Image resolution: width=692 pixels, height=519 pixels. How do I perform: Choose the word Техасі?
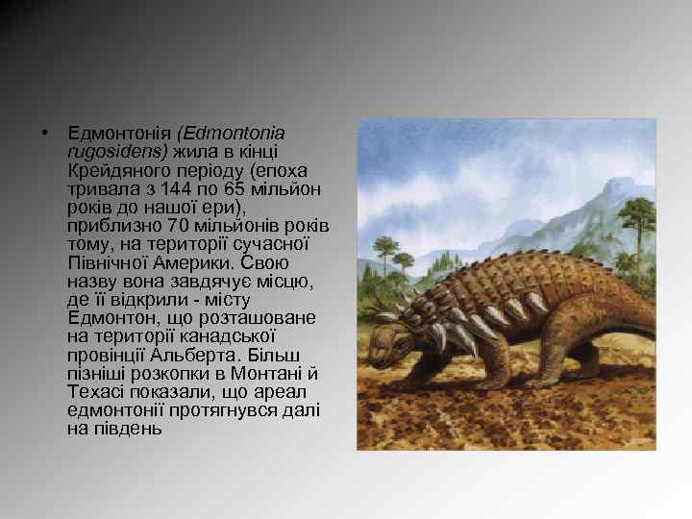tap(93, 392)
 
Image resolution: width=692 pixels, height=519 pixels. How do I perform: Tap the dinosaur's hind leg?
tap(567, 336)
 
